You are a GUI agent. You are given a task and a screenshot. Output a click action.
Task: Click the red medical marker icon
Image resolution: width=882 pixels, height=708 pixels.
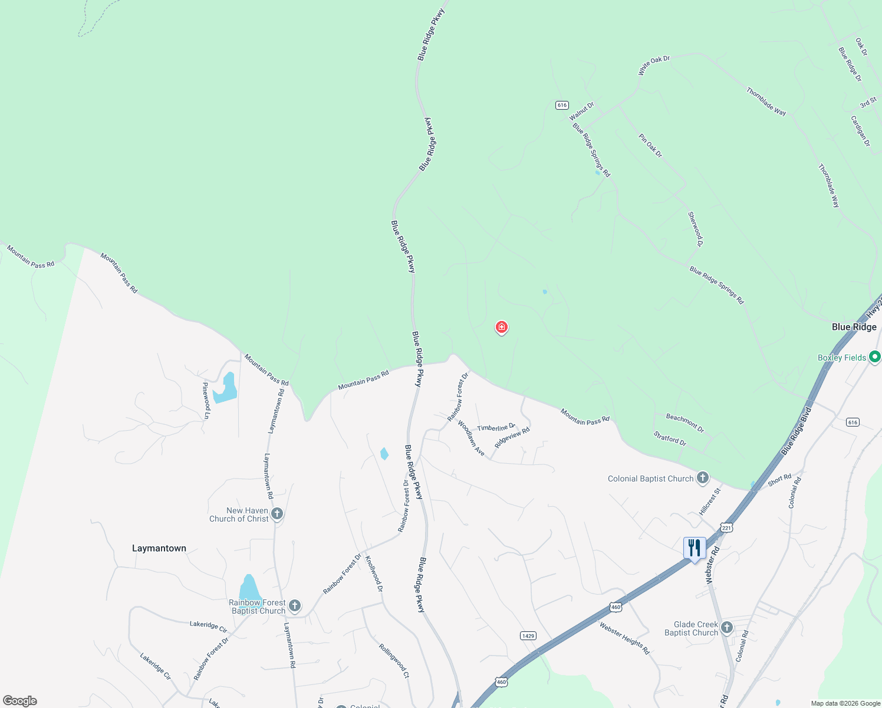pos(502,327)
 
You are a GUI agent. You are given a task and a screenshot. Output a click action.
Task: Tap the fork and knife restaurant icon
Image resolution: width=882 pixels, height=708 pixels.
pos(695,548)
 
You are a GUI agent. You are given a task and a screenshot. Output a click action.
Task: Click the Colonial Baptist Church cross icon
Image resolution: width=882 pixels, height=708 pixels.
pos(702,478)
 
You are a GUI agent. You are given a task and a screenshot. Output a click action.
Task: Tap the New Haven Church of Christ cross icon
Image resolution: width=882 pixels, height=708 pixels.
pos(277,514)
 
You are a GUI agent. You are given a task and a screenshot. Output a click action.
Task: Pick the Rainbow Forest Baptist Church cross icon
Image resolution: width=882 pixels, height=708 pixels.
pos(295,606)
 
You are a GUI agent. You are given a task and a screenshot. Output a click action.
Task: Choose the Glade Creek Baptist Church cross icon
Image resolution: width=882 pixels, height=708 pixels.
pos(727,628)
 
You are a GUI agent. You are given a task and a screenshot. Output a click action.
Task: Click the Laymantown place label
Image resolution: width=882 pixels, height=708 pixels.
pos(159,548)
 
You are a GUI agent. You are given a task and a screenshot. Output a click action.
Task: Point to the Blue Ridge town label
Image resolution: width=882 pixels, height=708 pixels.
pos(854,327)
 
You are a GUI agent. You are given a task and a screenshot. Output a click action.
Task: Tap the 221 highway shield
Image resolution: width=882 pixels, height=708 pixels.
pos(726,527)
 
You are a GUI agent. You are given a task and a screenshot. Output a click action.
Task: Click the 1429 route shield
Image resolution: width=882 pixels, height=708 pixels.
pos(528,635)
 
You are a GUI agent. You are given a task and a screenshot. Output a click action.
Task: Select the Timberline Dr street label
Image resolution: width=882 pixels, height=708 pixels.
pos(496,427)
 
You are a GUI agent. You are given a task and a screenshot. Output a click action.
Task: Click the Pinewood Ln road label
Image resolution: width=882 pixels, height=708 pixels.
pos(206,401)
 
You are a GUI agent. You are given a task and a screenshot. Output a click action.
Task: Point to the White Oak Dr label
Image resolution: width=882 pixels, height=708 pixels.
pos(654,65)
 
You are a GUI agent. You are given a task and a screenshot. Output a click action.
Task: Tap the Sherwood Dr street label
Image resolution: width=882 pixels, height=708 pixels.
pos(696,229)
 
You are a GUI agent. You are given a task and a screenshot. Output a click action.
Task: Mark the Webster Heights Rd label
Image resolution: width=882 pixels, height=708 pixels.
pos(624,638)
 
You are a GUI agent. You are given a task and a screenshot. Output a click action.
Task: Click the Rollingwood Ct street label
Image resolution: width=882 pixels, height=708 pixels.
pos(394,661)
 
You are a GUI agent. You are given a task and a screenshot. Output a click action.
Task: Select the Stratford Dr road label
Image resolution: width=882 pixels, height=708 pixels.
pos(670,438)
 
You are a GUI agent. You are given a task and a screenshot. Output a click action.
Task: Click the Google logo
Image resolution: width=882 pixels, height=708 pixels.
pos(20,701)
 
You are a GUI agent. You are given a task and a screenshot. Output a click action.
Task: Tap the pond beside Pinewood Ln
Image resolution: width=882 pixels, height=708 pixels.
pos(226,389)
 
